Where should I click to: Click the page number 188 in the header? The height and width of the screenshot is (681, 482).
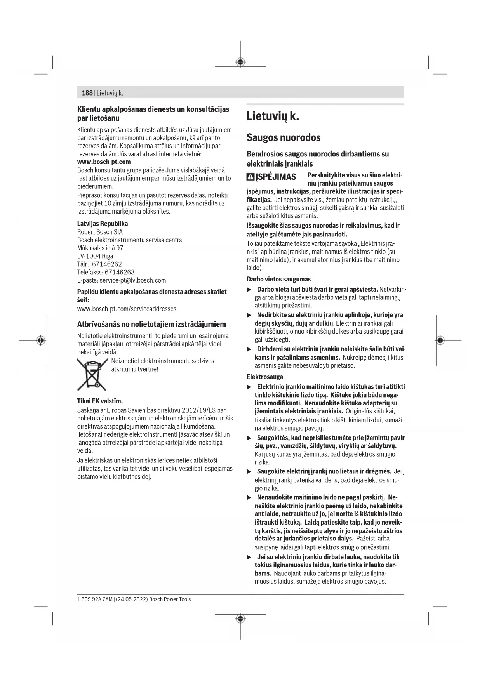tap(87, 93)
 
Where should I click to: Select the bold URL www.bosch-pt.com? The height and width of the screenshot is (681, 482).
tap(104, 162)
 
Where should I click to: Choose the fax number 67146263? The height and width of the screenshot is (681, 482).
tap(120, 272)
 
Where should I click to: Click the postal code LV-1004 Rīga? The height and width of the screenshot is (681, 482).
tap(95, 256)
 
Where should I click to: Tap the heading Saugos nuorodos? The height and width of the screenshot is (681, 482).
tap(284, 137)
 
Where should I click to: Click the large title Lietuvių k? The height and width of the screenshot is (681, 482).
tap(273, 116)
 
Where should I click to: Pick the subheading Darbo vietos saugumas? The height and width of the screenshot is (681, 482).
tap(278, 279)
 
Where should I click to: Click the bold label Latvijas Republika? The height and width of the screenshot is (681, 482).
tap(103, 224)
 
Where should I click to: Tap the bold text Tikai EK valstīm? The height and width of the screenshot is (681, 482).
tap(100, 401)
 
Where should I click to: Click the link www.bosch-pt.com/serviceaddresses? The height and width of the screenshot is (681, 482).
tap(127, 309)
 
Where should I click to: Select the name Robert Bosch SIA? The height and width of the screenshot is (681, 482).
tap(100, 232)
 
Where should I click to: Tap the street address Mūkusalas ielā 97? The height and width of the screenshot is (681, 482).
tap(100, 248)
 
